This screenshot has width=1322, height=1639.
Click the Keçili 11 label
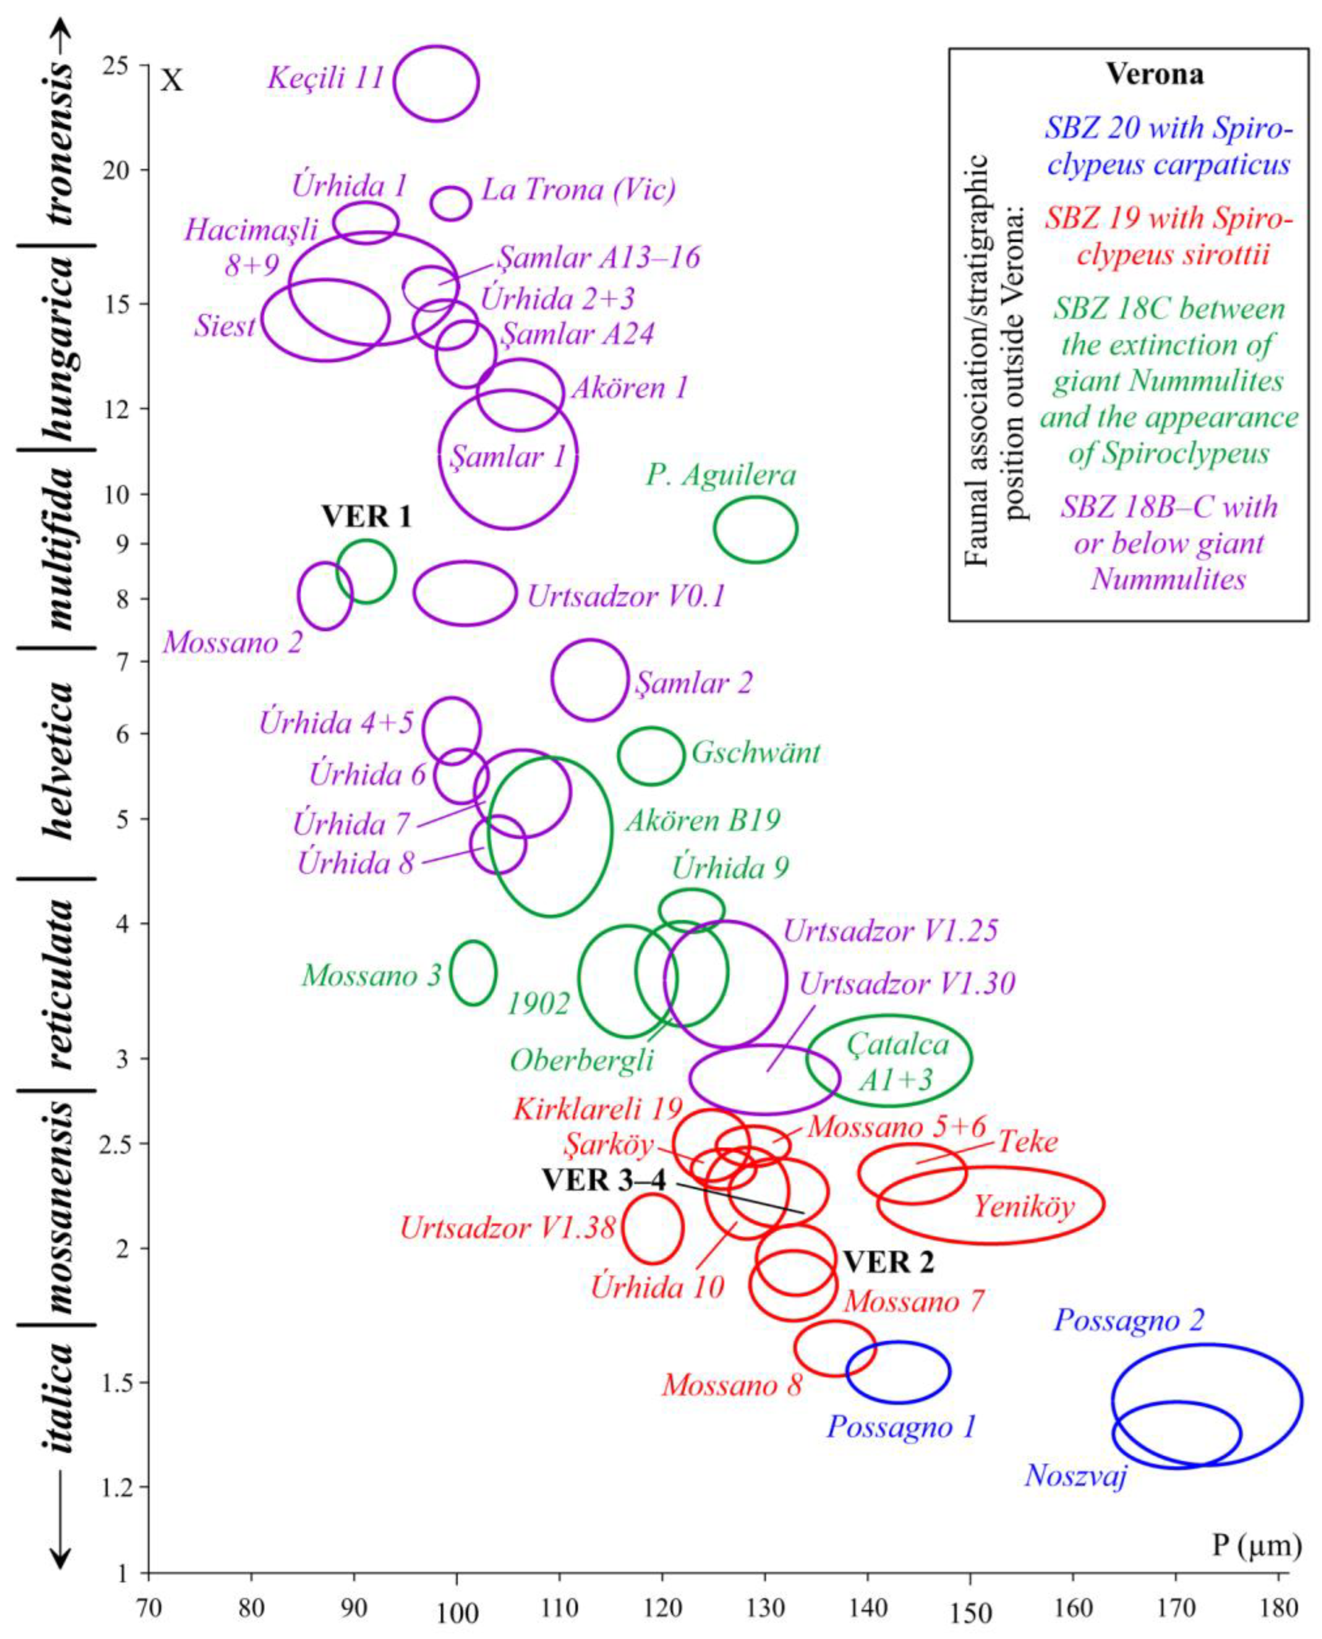325,78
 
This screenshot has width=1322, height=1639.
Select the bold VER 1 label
366,517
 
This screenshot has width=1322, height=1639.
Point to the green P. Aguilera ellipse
755,529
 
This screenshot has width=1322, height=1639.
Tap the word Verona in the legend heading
1155,75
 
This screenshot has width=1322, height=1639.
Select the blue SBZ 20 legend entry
1168,146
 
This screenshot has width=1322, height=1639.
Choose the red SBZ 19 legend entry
1168,237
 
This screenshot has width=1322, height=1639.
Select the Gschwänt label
755,753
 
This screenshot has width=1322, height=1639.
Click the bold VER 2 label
888,1263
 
